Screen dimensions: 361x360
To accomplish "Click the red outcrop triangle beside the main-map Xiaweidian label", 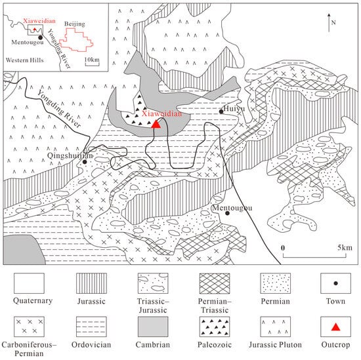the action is (x=156, y=124).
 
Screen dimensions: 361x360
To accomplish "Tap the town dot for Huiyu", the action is (x=221, y=111).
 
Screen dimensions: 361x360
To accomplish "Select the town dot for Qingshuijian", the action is (x=85, y=162).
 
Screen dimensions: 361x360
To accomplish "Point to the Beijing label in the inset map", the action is (x=75, y=24).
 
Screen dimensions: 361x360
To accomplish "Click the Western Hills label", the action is (x=25, y=60).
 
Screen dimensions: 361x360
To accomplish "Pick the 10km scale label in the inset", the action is (x=92, y=60).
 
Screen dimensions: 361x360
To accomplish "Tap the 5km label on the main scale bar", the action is (x=345, y=247).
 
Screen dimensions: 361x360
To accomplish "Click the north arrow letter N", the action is (x=333, y=22).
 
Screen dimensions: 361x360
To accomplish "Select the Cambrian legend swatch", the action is (x=153, y=327).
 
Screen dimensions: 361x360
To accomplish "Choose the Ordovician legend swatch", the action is (x=91, y=327).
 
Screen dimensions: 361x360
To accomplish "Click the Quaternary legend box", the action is (x=29, y=283).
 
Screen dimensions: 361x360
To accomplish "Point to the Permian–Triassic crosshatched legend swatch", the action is (x=215, y=283).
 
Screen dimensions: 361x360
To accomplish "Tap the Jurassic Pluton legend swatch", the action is (x=276, y=327).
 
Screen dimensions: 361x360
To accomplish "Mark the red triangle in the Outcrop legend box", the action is (x=335, y=327).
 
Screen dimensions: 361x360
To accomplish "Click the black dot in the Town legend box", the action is (x=335, y=283).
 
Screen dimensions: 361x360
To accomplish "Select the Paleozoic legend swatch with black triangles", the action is (x=215, y=327).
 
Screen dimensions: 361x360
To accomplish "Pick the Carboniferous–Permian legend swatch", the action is (x=29, y=327).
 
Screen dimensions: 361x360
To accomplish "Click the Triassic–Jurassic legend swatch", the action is (x=153, y=283).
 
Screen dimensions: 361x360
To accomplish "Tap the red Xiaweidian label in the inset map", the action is (x=39, y=21).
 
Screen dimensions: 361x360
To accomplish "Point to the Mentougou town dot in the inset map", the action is (x=40, y=37).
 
